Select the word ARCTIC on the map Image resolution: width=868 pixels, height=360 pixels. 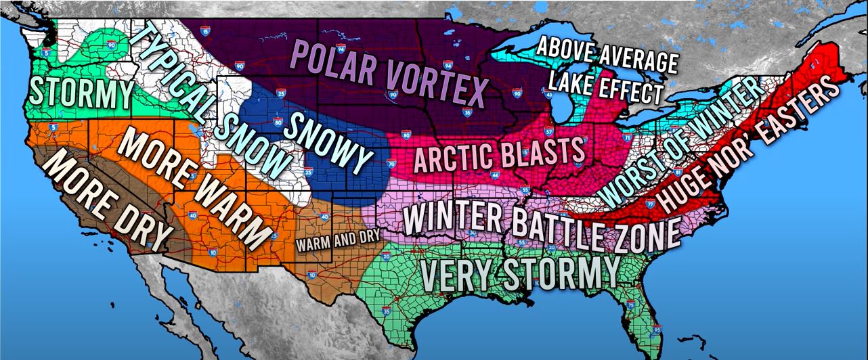[452, 157]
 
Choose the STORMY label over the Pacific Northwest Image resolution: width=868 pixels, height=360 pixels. [81, 93]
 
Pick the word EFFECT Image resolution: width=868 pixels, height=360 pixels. [633, 90]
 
